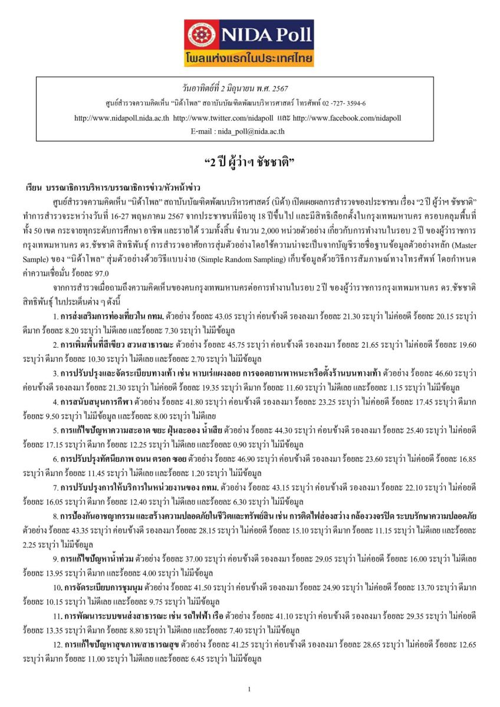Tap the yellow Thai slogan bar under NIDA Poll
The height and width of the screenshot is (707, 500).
click(249, 59)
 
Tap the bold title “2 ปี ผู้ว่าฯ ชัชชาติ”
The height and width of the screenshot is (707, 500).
click(249, 162)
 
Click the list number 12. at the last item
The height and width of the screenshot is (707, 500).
click(57, 643)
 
